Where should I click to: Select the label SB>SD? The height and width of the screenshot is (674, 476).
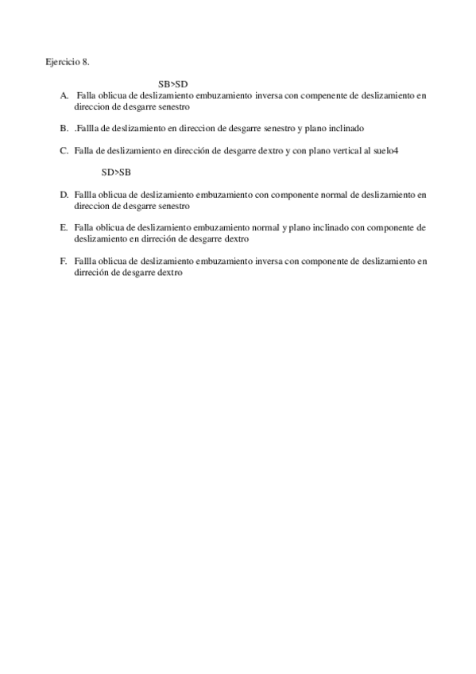pos(172,83)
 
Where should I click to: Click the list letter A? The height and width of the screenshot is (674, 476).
pos(64,95)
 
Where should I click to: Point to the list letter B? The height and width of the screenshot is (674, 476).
pos(64,128)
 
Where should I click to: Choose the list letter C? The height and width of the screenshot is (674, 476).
pos(64,150)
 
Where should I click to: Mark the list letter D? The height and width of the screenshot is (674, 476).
pos(64,194)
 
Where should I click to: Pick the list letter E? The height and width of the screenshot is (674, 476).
pos(64,227)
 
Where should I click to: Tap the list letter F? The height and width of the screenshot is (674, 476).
pos(64,260)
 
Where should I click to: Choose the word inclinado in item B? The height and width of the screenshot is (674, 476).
pos(346,128)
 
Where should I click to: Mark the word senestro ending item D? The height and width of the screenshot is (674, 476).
pos(173,205)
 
